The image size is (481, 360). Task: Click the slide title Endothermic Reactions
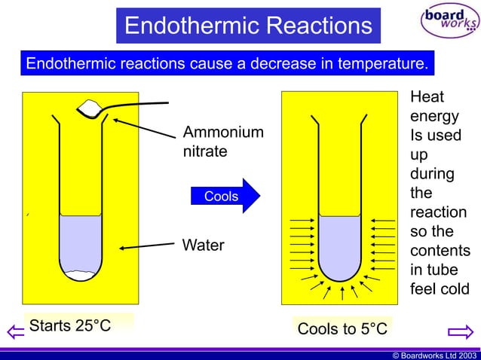(248, 26)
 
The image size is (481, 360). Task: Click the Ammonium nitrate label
(223, 142)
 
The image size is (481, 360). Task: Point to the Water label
(203, 246)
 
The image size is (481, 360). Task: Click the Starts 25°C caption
(70, 326)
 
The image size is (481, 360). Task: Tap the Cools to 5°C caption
(342, 329)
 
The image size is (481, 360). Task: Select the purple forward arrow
(459, 331)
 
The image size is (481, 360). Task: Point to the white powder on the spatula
(89, 110)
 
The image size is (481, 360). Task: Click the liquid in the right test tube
(342, 241)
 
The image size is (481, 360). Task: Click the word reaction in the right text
(438, 212)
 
